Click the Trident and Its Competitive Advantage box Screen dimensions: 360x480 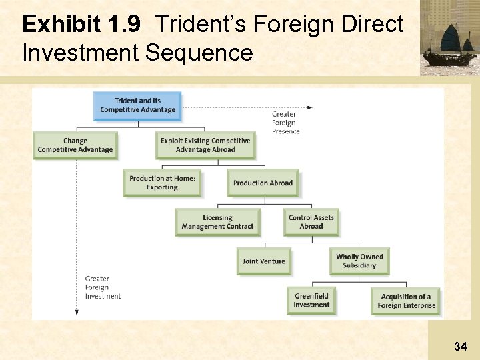[x=137, y=106]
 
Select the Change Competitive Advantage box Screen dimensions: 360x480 [x=75, y=145]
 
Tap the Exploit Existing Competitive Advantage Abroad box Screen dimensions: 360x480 [x=205, y=145]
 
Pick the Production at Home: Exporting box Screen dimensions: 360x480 [x=162, y=183]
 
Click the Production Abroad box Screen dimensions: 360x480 [x=263, y=183]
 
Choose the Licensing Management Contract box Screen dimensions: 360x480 [x=217, y=222]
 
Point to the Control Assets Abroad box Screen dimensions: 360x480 [x=311, y=222]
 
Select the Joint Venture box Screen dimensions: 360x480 [x=263, y=261]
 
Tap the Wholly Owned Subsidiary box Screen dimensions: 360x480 [x=359, y=261]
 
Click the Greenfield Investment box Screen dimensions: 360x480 [x=311, y=301]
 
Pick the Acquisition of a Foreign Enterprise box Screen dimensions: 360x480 [x=406, y=301]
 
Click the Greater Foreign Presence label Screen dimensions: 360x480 [x=285, y=123]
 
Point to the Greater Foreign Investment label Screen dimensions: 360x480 [x=103, y=287]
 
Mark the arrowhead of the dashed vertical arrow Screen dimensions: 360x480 [x=77, y=312]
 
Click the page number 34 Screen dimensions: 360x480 [x=460, y=346]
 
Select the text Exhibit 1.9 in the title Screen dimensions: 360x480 [x=81, y=25]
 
